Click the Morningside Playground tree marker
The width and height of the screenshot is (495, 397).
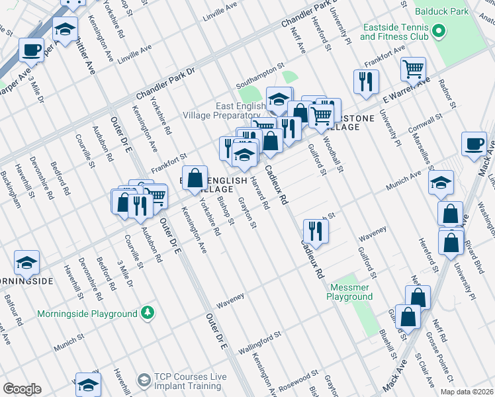[150, 312]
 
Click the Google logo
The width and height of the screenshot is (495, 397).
[22, 389]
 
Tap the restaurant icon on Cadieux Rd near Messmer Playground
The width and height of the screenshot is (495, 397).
[315, 231]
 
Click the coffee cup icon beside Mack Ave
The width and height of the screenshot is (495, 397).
[474, 144]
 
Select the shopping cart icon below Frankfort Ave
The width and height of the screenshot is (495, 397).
[413, 68]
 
